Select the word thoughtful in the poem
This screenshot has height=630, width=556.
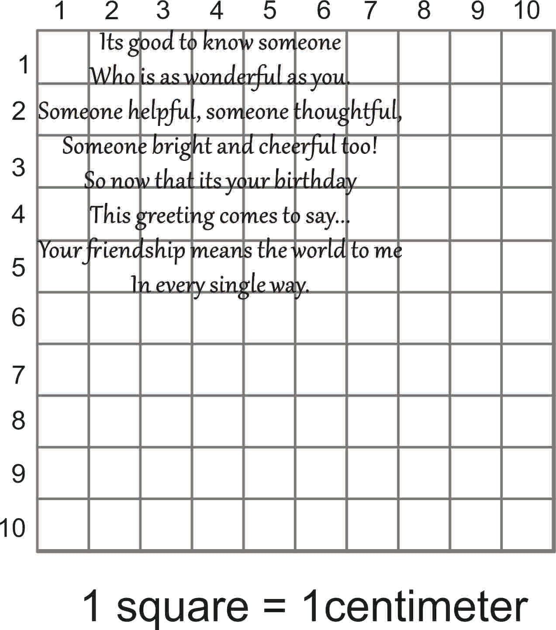347,111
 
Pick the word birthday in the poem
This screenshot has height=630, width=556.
315,181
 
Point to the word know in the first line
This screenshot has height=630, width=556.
228,43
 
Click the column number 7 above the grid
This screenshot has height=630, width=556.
370,10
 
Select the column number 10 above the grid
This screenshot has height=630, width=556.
527,10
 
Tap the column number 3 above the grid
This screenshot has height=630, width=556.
163,10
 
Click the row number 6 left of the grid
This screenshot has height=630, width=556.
18,317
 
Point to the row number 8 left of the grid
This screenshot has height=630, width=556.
18,421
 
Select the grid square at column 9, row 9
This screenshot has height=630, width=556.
476,473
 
